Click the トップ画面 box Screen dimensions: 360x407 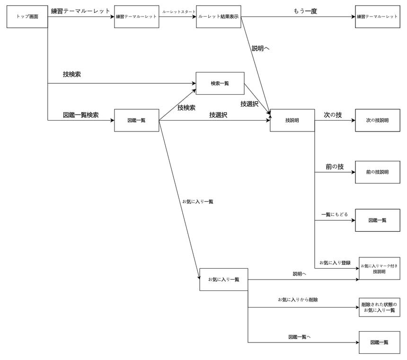coord(27,17)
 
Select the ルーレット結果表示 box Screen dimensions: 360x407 coord(219,17)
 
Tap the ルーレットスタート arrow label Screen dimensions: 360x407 coord(178,12)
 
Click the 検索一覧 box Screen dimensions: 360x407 coord(220,83)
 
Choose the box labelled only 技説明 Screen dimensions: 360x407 coord(292,120)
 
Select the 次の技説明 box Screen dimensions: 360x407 coord(377,120)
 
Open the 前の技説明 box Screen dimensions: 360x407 coord(377,172)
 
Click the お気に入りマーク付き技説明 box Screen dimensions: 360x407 coord(379,268)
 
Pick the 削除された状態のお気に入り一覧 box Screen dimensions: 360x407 coord(379,307)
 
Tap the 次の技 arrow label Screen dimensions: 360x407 coord(333,115)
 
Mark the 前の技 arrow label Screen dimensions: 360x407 coord(334,167)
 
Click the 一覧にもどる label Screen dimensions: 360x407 coord(334,214)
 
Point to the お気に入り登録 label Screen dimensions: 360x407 coord(335,263)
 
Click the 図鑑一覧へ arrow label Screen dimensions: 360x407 coord(300,337)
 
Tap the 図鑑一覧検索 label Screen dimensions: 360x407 coord(80,115)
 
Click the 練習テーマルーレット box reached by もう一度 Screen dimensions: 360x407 coord(377,17)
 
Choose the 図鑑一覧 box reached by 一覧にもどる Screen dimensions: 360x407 coord(377,220)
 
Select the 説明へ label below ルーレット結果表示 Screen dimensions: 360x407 coord(261,48)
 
